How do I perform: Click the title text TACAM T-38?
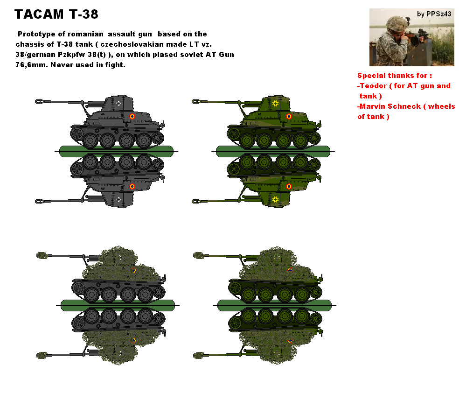point(56,14)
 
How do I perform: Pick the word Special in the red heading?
point(371,76)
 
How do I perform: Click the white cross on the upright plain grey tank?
point(119,103)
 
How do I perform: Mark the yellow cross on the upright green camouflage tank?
point(276,103)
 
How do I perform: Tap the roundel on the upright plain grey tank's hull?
point(132,117)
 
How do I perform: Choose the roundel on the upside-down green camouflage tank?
point(289,186)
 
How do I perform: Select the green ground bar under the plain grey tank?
point(117,150)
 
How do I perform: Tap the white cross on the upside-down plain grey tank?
point(119,199)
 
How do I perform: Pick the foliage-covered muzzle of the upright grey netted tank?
point(41,255)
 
